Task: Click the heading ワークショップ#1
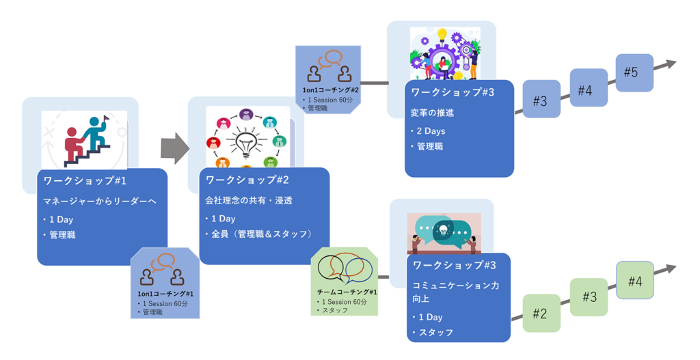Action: click(x=85, y=181)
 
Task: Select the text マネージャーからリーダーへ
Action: click(x=100, y=201)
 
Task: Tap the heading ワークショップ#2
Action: click(x=247, y=180)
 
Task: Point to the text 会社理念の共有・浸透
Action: click(x=249, y=201)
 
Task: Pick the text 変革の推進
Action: click(x=432, y=113)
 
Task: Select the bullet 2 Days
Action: click(x=431, y=130)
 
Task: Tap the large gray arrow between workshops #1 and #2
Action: click(x=174, y=148)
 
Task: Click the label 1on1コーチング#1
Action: click(x=165, y=294)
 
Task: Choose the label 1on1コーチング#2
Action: click(x=330, y=90)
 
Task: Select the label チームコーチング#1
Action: click(x=347, y=292)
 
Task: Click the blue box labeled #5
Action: click(x=634, y=72)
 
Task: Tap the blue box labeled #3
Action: click(x=541, y=100)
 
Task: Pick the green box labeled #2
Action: click(x=541, y=314)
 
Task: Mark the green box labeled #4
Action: click(x=634, y=280)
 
